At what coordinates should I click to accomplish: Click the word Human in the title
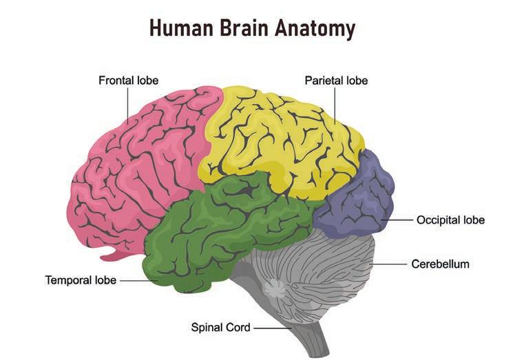pyautogui.click(x=181, y=28)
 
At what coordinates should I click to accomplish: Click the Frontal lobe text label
pyautogui.click(x=129, y=81)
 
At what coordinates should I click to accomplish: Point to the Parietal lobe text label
pyautogui.click(x=336, y=81)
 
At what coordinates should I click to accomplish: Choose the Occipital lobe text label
pyautogui.click(x=450, y=220)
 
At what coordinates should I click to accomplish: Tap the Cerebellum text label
pyautogui.click(x=440, y=264)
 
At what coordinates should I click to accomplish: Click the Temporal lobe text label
pyautogui.click(x=81, y=280)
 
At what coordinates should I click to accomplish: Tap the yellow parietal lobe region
pyautogui.click(x=275, y=138)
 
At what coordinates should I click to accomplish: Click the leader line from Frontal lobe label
pyautogui.click(x=128, y=107)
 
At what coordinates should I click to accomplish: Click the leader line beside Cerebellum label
pyautogui.click(x=390, y=264)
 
